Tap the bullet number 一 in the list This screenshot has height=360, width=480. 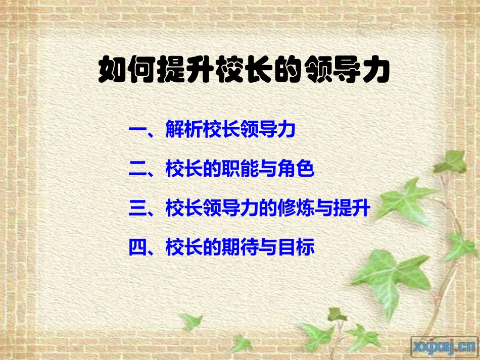point(137,131)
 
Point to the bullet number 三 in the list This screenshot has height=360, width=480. point(137,209)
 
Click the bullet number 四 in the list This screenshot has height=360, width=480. point(137,247)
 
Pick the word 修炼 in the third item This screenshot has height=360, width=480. point(296,209)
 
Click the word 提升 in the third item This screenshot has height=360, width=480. point(352,209)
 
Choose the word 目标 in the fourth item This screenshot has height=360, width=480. point(296,247)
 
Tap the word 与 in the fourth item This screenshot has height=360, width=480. point(268,247)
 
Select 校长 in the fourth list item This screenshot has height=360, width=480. point(184,247)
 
